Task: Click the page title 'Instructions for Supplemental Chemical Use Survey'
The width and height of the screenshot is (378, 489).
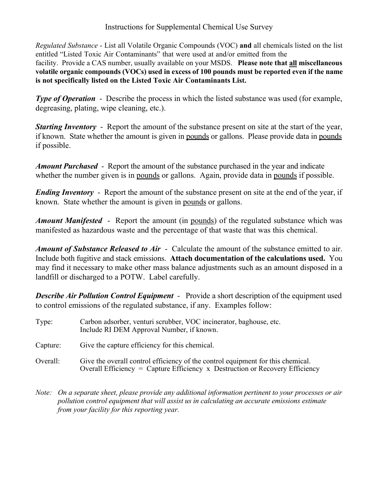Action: (189, 27)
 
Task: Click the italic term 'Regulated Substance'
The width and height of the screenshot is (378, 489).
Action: (66, 46)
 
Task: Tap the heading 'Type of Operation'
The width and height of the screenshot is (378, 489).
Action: (65, 99)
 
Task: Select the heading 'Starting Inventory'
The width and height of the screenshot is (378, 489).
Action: (66, 127)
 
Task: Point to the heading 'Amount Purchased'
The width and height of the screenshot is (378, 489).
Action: (66, 166)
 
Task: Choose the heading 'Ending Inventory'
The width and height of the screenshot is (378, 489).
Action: (64, 192)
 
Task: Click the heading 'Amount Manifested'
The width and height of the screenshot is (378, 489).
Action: (69, 221)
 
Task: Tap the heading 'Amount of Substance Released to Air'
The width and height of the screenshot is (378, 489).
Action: (98, 249)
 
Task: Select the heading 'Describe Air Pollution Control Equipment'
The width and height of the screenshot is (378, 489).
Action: (104, 296)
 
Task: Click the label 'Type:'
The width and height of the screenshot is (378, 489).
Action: (44, 322)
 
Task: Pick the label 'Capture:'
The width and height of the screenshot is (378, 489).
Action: (47, 345)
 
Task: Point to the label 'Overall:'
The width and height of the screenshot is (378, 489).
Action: (47, 361)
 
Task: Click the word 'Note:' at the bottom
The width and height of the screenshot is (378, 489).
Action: (43, 393)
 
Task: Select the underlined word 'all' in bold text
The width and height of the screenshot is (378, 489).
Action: (293, 63)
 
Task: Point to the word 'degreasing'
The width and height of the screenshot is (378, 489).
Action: (53, 108)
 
